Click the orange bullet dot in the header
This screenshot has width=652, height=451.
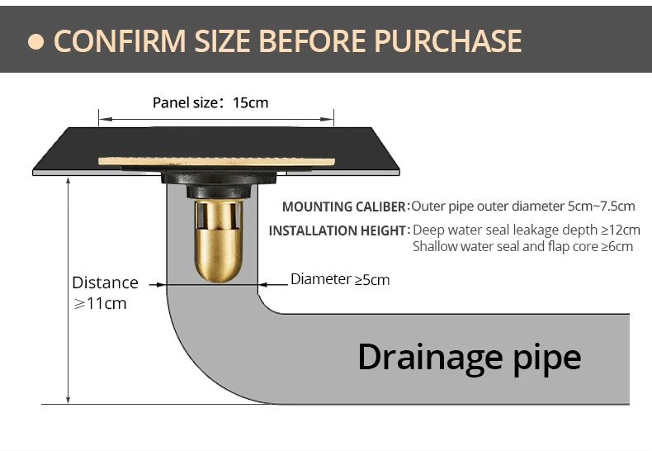click(x=35, y=41)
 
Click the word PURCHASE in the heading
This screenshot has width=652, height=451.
click(x=448, y=41)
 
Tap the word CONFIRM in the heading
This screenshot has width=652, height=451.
click(x=120, y=41)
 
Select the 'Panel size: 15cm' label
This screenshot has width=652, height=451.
click(x=210, y=102)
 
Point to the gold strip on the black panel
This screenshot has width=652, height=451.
click(x=216, y=161)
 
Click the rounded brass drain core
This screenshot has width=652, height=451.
click(x=219, y=241)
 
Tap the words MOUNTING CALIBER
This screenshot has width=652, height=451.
click(x=344, y=207)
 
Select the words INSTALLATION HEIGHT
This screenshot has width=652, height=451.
click(x=338, y=230)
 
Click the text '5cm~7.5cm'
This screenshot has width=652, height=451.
click(x=602, y=206)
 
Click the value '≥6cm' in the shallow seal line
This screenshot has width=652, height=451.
click(x=617, y=246)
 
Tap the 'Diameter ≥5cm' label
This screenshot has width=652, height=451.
click(x=340, y=279)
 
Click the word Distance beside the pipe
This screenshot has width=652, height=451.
click(x=105, y=283)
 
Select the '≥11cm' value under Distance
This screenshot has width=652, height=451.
click(x=100, y=304)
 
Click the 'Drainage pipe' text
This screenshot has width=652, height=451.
click(x=470, y=358)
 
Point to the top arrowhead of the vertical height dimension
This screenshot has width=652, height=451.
click(x=69, y=181)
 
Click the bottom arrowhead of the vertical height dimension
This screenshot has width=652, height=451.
click(x=69, y=400)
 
